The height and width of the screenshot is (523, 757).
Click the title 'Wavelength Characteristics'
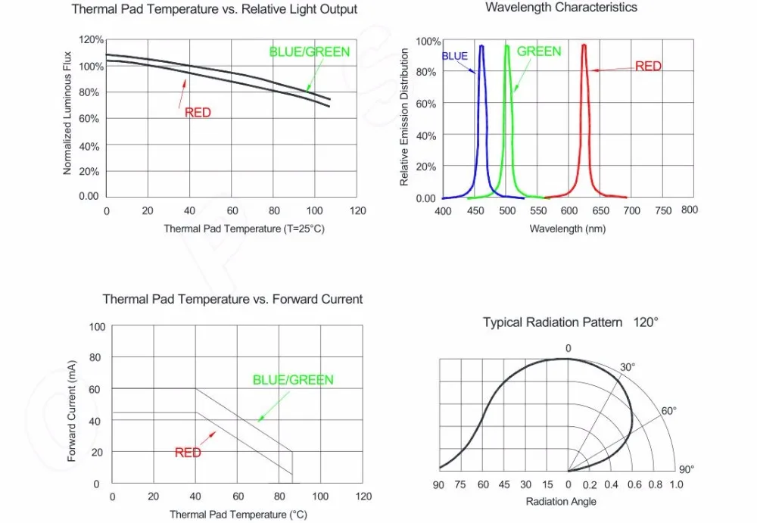(561, 8)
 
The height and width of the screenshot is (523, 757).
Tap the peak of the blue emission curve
(481, 45)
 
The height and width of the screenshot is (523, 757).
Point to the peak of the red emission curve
(584, 45)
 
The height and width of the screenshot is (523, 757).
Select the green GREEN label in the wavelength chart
(539, 51)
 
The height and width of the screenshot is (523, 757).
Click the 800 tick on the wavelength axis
(689, 210)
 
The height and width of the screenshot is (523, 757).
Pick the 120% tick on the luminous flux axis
(91, 39)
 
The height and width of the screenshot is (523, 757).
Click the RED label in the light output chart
(198, 113)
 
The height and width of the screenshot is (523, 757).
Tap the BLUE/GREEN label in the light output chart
(310, 52)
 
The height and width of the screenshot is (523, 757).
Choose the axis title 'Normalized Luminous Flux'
(67, 113)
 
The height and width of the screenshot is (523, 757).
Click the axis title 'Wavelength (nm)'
(567, 229)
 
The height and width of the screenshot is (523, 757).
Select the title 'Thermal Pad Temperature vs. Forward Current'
(232, 299)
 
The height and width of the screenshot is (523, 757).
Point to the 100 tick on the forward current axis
(97, 327)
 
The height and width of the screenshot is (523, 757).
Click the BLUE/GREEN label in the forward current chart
(293, 380)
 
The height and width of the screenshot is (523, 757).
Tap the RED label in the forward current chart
(188, 453)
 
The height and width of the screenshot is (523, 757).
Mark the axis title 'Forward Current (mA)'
(73, 411)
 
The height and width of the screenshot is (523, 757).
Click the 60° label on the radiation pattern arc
(668, 411)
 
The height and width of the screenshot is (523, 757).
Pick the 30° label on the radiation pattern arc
(628, 367)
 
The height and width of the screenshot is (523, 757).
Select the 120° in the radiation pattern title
(646, 322)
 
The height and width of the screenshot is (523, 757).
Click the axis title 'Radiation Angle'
(561, 501)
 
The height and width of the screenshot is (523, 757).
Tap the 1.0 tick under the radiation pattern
(676, 484)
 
